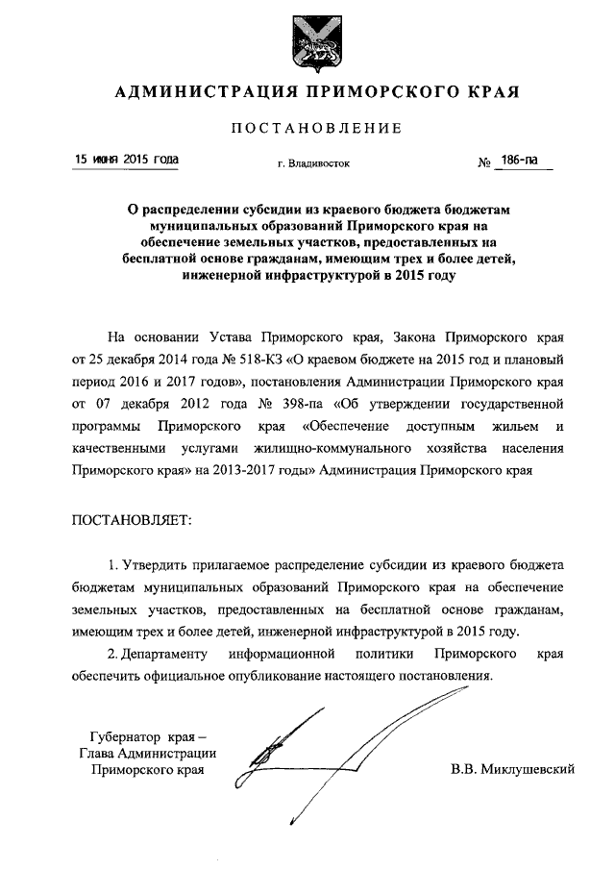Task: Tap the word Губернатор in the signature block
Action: [115, 733]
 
